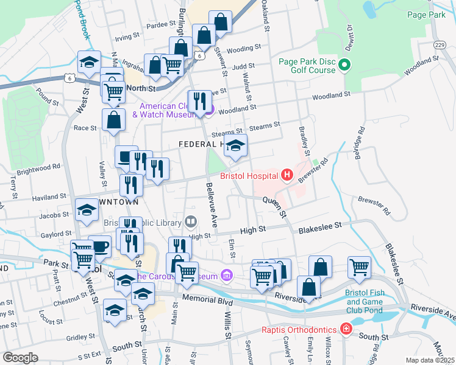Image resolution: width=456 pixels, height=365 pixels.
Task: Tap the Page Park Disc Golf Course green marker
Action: (344, 64)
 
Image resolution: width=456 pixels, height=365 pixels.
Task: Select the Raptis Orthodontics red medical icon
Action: (346, 330)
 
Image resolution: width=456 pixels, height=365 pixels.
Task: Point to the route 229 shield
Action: (440, 46)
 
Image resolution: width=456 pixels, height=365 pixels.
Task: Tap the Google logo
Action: (20, 358)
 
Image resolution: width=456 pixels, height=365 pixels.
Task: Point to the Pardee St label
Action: (161, 25)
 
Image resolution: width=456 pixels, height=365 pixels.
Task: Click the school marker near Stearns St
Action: (236, 146)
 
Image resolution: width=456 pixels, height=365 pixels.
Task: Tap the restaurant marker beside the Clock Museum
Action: (199, 102)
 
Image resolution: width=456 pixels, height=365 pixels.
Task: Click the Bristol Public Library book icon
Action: (191, 220)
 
